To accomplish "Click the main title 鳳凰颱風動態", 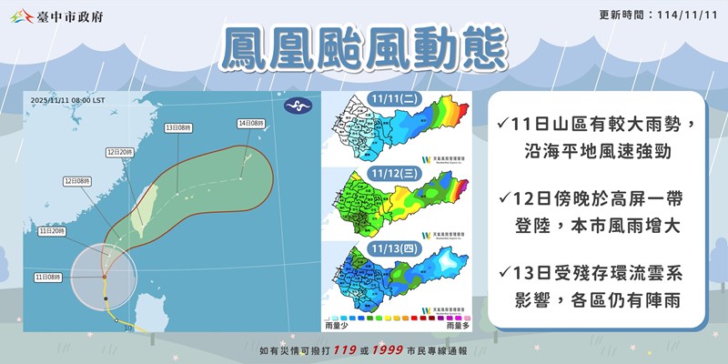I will pyautogui.click(x=364, y=52).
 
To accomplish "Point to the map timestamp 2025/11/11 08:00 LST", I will pyautogui.click(x=67, y=99).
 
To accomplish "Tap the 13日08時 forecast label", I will pyautogui.click(x=178, y=128).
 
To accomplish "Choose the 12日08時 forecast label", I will pyautogui.click(x=78, y=182).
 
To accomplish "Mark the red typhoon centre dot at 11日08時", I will pyautogui.click(x=105, y=277).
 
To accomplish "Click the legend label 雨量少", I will pyautogui.click(x=336, y=323).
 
